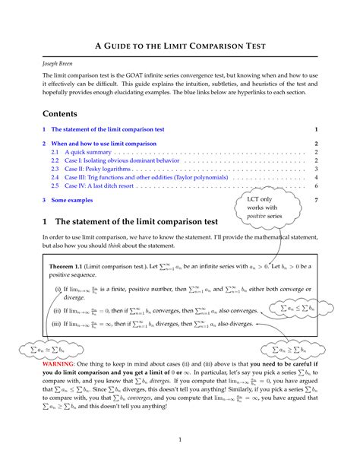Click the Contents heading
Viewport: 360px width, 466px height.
click(65, 113)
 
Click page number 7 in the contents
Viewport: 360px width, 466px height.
click(315, 201)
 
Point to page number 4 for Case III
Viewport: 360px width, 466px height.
click(315, 177)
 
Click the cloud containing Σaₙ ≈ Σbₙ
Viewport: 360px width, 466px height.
click(35, 349)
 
